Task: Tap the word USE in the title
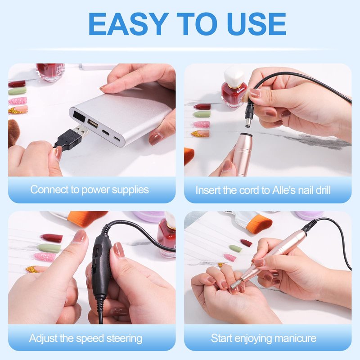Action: click(256, 24)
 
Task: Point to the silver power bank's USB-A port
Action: click(93, 124)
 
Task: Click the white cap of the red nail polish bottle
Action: click(234, 76)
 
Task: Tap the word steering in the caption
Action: click(124, 339)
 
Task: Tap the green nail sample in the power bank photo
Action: click(18, 91)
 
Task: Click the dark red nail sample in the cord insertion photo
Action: click(202, 107)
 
